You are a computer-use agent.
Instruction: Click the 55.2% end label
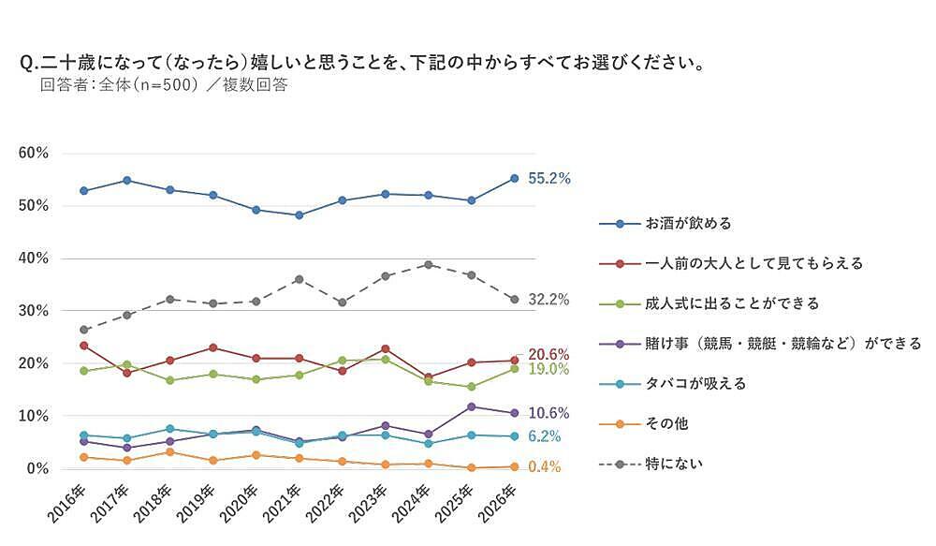tap(548, 178)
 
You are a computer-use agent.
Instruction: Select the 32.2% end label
tap(548, 300)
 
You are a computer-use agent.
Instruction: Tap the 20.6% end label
tap(548, 354)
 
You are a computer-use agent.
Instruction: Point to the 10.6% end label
tap(548, 413)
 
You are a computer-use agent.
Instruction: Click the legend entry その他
tap(666, 423)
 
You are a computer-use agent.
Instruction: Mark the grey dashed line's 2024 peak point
tap(428, 265)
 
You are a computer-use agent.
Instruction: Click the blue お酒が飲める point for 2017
tap(126, 180)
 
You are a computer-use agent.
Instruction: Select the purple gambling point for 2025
tap(471, 406)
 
